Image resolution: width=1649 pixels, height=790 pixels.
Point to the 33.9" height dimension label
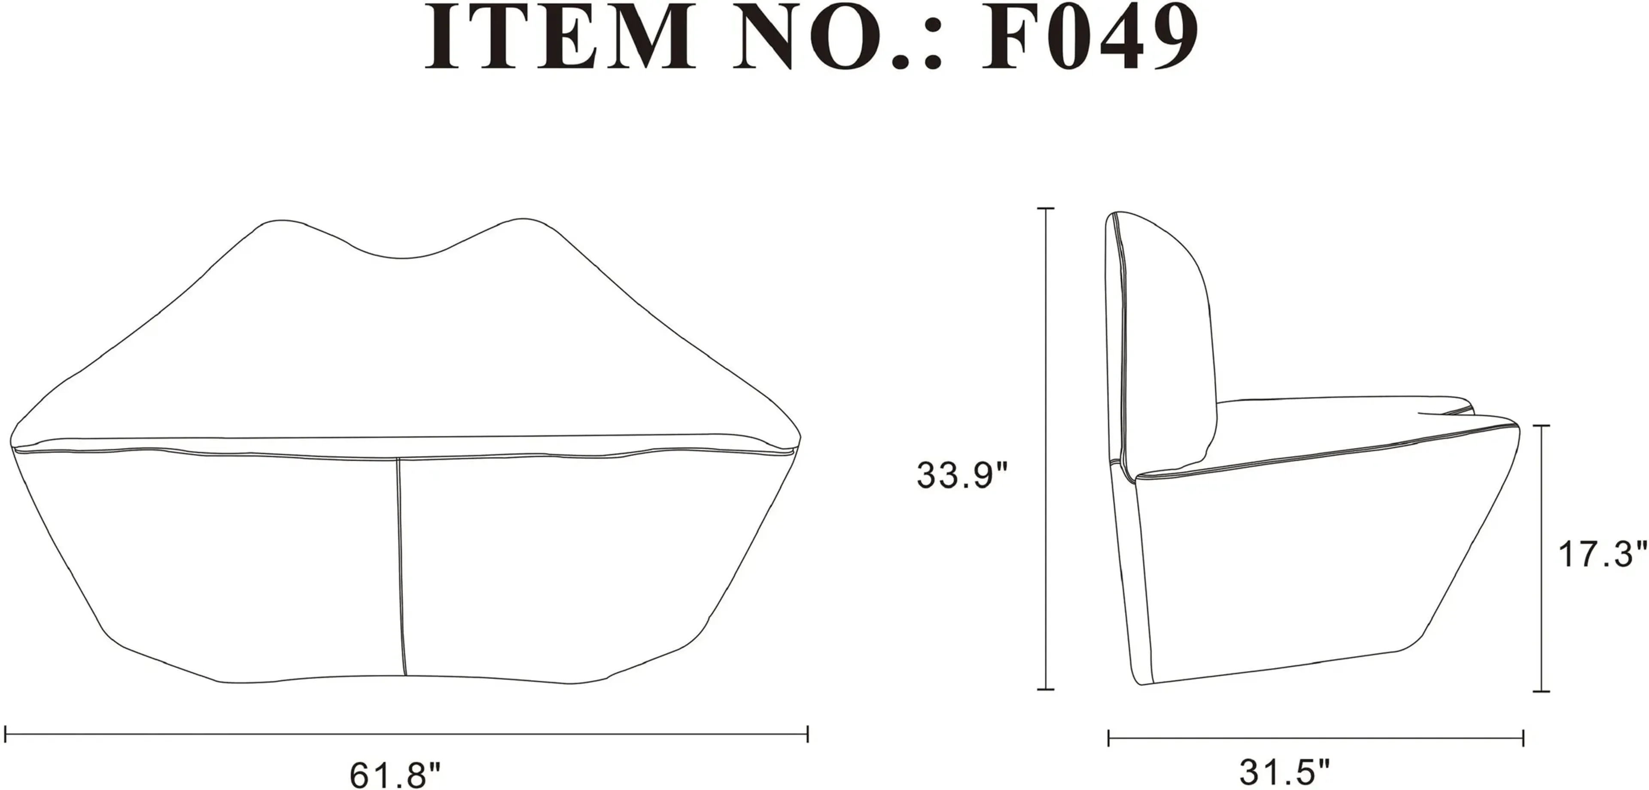[962, 475]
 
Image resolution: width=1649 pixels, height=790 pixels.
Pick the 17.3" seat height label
[1601, 554]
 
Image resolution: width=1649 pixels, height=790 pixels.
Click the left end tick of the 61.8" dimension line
[5, 734]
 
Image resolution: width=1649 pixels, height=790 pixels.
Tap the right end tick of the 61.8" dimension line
[808, 734]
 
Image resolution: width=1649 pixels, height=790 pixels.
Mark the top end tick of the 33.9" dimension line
[1045, 209]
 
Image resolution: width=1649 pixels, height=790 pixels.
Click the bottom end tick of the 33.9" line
[1045, 689]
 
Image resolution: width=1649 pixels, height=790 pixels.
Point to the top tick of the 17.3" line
[1542, 425]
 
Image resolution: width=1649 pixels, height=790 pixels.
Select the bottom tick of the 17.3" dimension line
[1542, 691]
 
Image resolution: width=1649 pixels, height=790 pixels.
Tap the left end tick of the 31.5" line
[1109, 738]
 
